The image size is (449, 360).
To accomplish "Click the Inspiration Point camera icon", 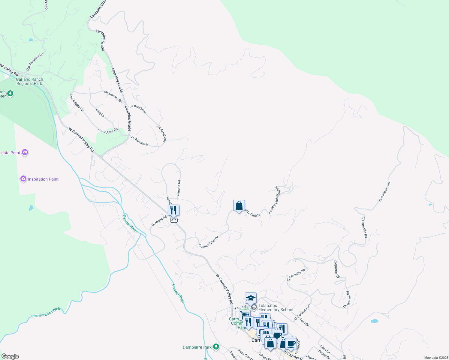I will (x=23, y=179).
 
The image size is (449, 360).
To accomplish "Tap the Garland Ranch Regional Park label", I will (x=29, y=82).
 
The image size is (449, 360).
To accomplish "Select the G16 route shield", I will (x=173, y=220).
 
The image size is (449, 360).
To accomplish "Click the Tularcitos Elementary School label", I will (x=276, y=308).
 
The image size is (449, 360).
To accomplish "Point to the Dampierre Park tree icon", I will (x=215, y=347).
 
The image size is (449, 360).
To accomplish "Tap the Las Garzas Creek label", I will (x=46, y=312).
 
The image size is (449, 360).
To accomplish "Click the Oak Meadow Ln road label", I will (x=35, y=62).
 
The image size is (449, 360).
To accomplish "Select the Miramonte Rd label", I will (x=113, y=96).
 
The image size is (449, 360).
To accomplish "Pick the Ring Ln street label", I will (x=100, y=113).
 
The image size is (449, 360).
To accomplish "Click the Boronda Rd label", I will (x=159, y=221).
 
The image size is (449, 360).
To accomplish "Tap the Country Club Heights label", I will (x=274, y=200).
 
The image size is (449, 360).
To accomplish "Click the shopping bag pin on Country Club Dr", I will (x=239, y=206).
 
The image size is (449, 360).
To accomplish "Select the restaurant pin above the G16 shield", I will (x=173, y=210).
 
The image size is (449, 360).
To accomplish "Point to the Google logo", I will (x=10, y=356).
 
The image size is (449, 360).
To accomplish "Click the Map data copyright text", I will (x=436, y=358).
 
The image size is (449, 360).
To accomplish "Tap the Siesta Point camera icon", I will (x=25, y=152).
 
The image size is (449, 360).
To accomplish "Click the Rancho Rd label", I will (x=179, y=188).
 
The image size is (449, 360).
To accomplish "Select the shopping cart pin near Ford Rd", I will (x=245, y=315).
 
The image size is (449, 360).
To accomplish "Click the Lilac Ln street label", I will (x=325, y=349).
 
